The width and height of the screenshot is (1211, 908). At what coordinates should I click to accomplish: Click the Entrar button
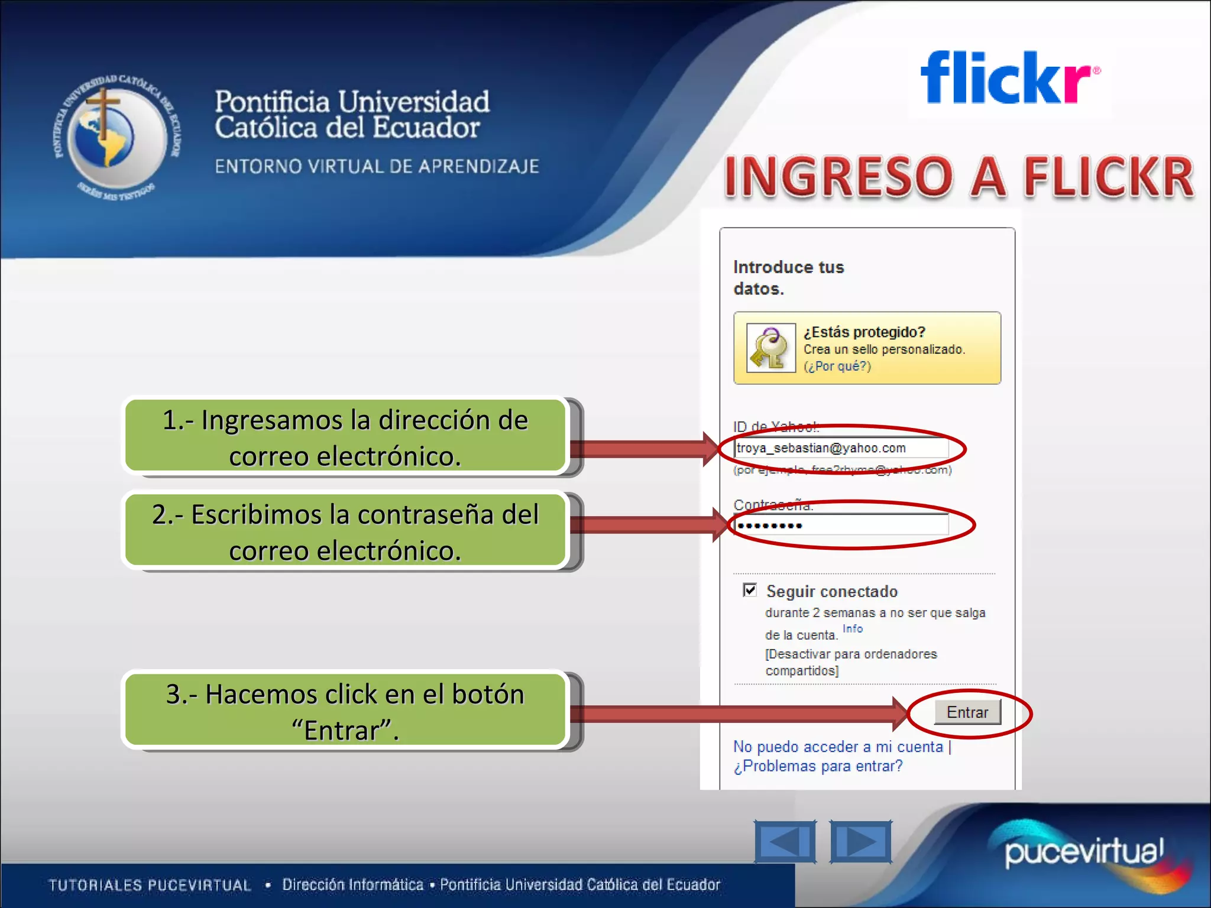click(x=967, y=712)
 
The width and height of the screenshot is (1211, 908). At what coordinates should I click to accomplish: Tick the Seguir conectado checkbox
click(x=750, y=590)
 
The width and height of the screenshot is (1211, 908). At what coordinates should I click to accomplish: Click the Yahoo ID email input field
click(x=841, y=448)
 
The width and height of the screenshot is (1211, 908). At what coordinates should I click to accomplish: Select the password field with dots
click(x=841, y=525)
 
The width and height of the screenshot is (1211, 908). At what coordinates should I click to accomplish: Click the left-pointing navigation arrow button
click(x=785, y=841)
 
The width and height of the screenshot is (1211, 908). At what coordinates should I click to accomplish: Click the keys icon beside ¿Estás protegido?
click(x=770, y=348)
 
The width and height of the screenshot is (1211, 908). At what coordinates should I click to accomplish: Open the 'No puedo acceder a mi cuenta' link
click(x=838, y=747)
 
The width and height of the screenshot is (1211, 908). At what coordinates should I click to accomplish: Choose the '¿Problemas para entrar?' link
click(x=818, y=766)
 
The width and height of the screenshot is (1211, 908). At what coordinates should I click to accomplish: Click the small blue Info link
click(x=852, y=629)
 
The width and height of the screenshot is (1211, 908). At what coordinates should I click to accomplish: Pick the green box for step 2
click(x=345, y=531)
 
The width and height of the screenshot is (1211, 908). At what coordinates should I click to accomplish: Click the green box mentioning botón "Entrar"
click(x=345, y=711)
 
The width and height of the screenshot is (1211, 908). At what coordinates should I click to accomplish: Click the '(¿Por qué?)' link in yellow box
click(x=837, y=367)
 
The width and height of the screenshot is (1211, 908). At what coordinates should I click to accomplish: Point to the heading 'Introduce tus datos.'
click(x=788, y=278)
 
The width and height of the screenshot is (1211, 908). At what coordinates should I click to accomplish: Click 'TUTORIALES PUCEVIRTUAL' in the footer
click(x=150, y=885)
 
